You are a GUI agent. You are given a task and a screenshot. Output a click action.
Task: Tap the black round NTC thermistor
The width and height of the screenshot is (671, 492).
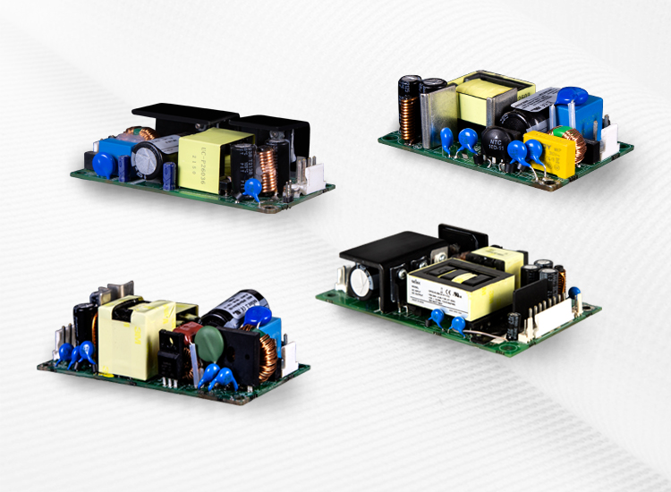click(495, 138)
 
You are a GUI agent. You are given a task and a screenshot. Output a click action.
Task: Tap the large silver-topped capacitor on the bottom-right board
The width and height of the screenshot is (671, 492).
click(361, 284)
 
